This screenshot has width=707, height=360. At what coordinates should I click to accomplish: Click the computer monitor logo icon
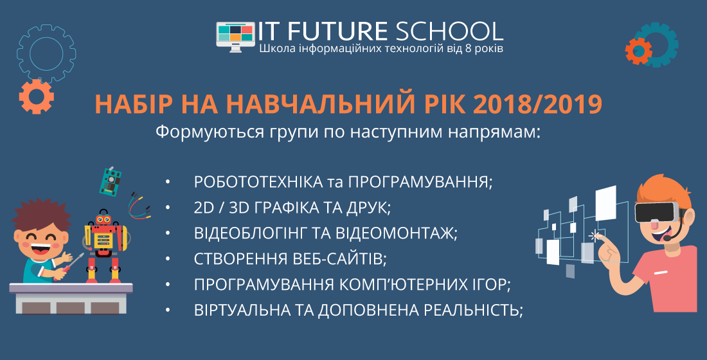235,36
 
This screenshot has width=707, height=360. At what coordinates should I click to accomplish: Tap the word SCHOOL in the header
449,31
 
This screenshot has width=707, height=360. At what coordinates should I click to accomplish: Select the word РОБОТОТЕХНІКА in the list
258,182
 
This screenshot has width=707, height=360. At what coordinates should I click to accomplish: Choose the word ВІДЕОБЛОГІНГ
249,233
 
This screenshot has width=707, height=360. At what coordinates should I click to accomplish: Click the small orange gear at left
36,96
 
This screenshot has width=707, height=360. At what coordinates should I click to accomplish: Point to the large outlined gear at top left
46,53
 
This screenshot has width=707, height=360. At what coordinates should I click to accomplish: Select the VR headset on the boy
656,212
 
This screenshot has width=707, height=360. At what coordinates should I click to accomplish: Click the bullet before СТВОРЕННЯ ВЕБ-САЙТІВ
168,259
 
